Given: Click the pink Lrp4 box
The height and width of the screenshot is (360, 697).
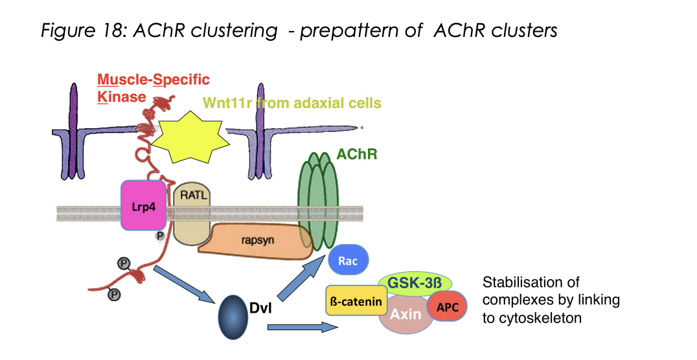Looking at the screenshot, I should pyautogui.click(x=143, y=206).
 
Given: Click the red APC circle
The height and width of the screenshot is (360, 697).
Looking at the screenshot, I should pyautogui.click(x=448, y=307).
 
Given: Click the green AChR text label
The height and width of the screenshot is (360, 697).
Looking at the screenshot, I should pyautogui.click(x=356, y=155).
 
